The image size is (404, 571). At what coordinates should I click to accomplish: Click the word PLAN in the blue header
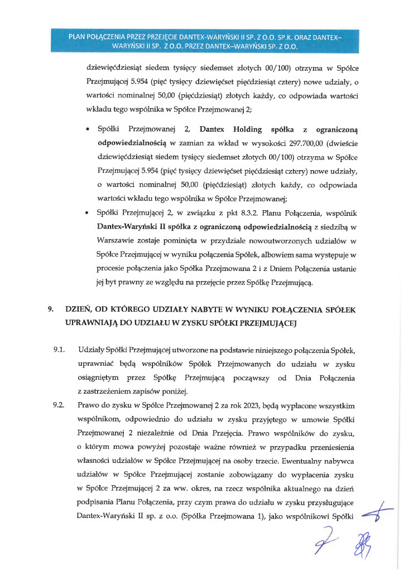click(x=78, y=37)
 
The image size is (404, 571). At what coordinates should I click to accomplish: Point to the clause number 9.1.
click(x=59, y=350)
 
